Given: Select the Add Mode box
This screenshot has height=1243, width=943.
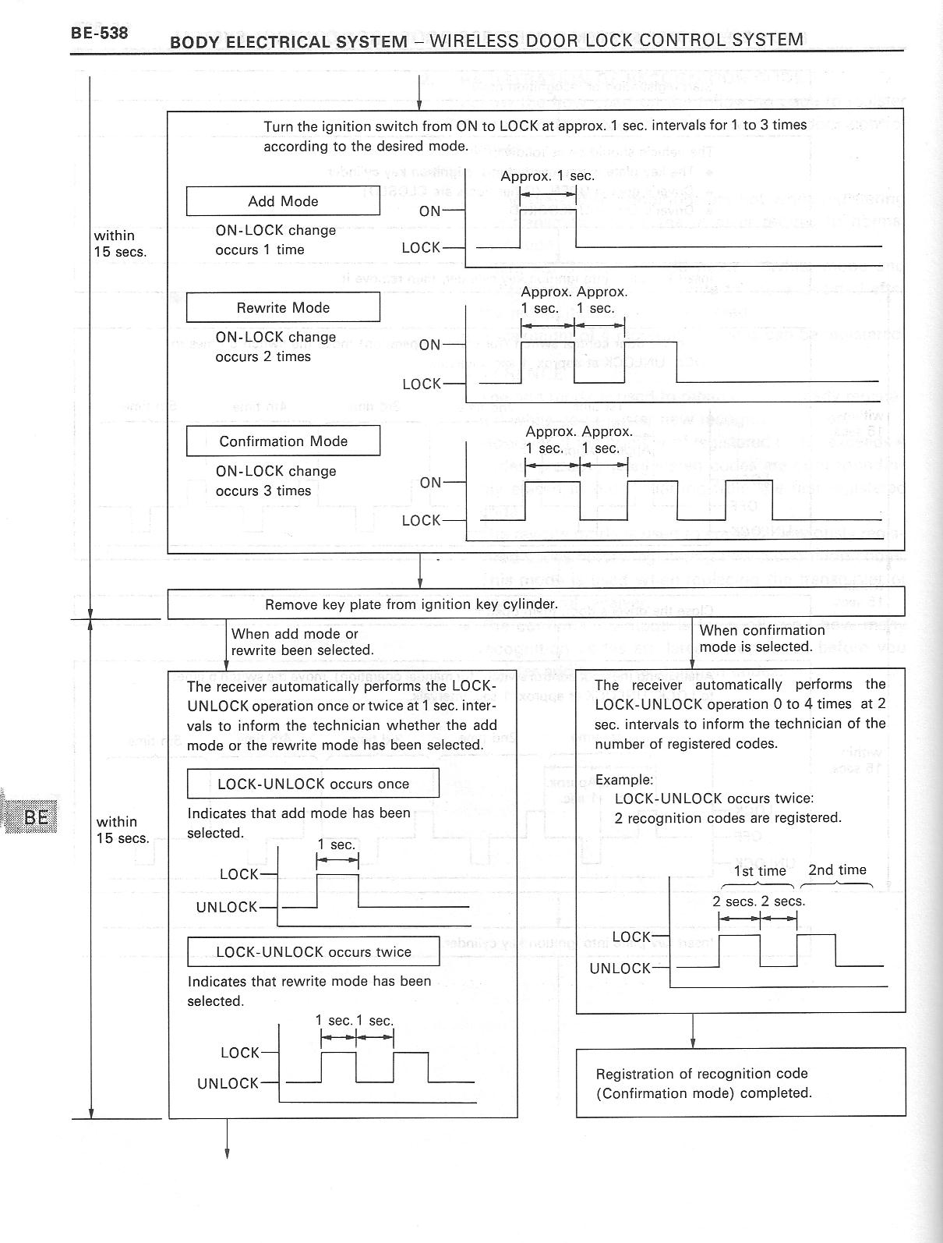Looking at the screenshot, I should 283,201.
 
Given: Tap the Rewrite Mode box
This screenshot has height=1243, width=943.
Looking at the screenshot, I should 283,307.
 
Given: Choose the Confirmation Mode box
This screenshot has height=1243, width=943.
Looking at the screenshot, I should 283,441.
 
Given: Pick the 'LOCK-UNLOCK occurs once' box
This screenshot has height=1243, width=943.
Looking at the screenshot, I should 313,784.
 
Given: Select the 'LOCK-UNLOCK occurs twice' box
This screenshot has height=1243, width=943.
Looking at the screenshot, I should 313,951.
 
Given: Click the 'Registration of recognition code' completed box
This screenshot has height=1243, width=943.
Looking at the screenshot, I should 740,1082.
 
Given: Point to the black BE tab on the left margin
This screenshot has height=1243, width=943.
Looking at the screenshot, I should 35,816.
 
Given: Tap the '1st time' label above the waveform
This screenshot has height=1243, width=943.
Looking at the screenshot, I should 760,871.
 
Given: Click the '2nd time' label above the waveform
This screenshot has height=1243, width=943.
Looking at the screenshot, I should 837,869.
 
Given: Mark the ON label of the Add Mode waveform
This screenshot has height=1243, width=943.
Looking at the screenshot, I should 430,211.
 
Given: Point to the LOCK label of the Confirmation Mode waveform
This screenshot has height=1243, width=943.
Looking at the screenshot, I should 421,520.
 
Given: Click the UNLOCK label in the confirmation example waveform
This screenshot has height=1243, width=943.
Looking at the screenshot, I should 620,969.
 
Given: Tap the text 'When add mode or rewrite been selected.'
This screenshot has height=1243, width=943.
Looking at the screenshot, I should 302,642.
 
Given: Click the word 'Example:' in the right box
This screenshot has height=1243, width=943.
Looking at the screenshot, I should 623,780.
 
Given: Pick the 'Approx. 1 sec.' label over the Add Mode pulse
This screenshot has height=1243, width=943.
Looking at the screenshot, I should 547,176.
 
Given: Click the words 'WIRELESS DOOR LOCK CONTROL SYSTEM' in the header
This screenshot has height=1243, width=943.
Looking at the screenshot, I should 616,39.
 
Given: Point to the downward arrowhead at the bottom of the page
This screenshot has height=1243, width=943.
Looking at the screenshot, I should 228,1153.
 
